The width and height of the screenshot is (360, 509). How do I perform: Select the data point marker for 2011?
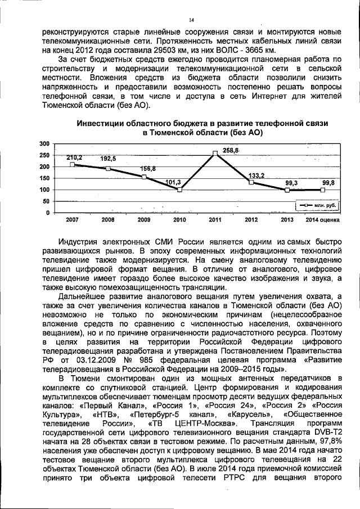point(215,153)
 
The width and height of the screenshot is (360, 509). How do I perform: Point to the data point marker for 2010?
point(179,190)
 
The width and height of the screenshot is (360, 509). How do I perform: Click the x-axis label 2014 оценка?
point(323,219)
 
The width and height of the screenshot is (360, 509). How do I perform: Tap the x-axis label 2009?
point(144,219)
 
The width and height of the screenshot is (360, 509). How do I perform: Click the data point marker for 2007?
point(72,165)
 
